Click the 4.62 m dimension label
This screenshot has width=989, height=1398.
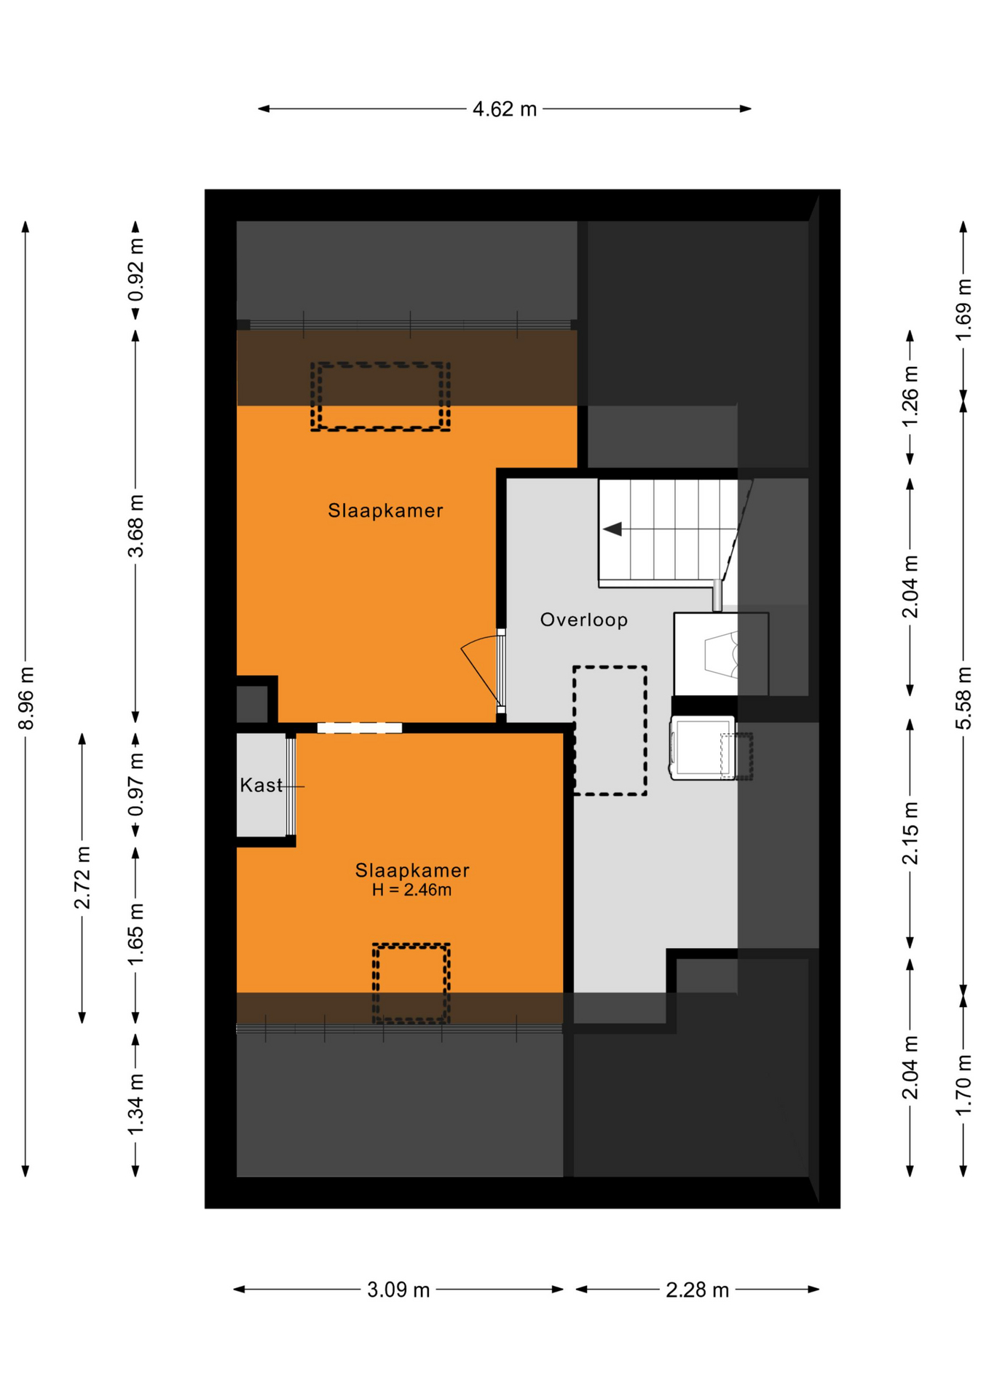[505, 109]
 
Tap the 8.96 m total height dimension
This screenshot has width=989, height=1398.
[26, 698]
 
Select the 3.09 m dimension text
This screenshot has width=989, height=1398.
[398, 1290]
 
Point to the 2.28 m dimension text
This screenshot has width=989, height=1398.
[697, 1290]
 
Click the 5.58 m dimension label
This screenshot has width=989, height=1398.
[964, 698]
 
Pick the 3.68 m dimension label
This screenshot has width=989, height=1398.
[136, 526]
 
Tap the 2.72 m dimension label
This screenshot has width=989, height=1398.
[82, 877]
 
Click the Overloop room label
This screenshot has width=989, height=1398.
[584, 620]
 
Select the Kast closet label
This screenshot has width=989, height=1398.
[261, 785]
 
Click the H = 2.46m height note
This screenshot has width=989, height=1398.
[411, 890]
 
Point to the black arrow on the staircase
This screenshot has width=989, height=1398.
[612, 529]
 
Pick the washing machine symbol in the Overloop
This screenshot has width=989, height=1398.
[702, 748]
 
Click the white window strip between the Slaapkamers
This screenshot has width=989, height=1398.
[360, 727]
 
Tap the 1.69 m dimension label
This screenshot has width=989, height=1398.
[964, 309]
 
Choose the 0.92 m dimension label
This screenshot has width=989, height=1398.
[136, 270]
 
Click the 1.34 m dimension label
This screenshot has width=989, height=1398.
[136, 1104]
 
